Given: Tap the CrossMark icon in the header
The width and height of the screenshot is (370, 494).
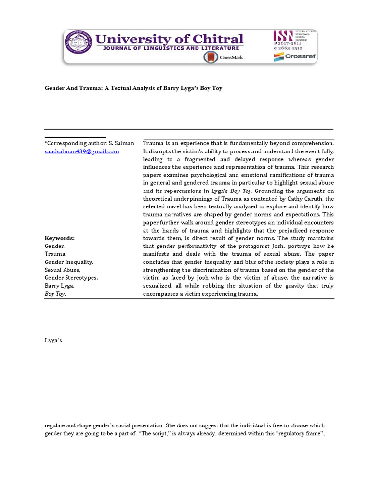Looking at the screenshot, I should click(x=211, y=57).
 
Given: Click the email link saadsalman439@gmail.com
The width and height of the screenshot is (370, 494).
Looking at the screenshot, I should click(x=81, y=151).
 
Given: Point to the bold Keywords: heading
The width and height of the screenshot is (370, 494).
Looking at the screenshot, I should click(x=60, y=238).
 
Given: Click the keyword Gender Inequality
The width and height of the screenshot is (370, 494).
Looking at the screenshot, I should click(x=68, y=262).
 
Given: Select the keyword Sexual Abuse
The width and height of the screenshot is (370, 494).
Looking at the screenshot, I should click(x=63, y=270).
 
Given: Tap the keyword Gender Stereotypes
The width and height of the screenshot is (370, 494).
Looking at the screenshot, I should click(x=71, y=278).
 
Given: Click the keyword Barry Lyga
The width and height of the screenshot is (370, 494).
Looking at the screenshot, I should click(x=60, y=286).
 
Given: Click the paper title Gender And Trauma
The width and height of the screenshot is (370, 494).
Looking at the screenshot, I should click(x=133, y=89).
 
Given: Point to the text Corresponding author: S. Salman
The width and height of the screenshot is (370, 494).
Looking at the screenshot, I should click(x=90, y=143).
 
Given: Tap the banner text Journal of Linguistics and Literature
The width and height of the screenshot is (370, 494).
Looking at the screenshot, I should click(x=170, y=48).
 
